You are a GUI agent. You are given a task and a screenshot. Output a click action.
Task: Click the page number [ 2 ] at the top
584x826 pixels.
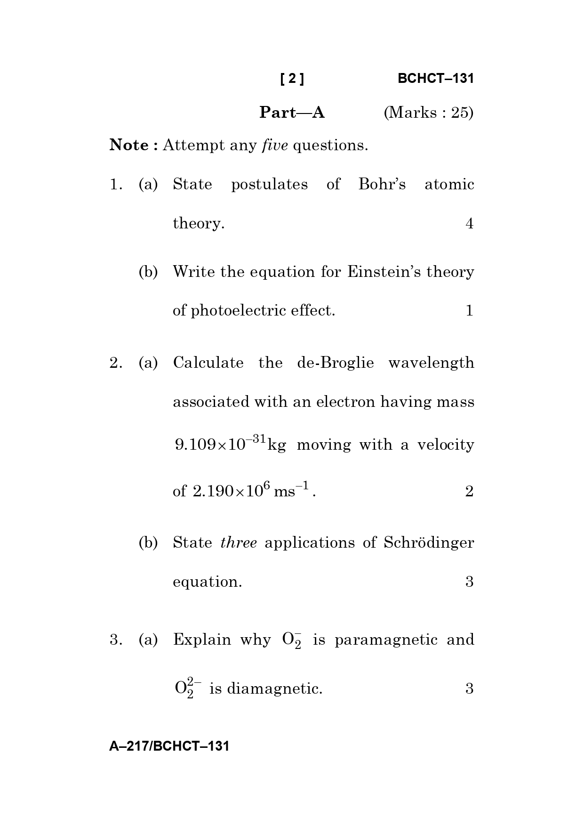[x=292, y=79]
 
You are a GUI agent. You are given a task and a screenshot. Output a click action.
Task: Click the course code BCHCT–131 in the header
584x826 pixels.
[x=435, y=79]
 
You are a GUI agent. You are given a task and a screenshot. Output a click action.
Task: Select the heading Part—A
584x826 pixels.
[x=292, y=113]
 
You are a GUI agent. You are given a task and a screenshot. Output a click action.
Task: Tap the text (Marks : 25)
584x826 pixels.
[x=428, y=113]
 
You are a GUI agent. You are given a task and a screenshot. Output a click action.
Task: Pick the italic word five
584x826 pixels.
[x=274, y=145]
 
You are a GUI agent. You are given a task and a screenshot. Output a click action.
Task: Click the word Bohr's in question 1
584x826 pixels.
[x=382, y=184]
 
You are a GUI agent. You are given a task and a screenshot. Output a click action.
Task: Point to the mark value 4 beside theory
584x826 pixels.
[x=469, y=224]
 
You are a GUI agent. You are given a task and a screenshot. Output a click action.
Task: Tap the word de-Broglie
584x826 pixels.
[x=335, y=363]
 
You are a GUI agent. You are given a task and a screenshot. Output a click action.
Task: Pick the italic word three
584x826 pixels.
[x=238, y=543]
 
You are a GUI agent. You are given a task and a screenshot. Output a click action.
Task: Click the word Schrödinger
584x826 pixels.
[x=429, y=543]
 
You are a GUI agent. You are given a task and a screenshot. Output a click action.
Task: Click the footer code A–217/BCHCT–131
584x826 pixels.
[x=169, y=746]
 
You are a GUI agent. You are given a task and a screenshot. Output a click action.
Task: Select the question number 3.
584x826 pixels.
[x=113, y=640]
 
